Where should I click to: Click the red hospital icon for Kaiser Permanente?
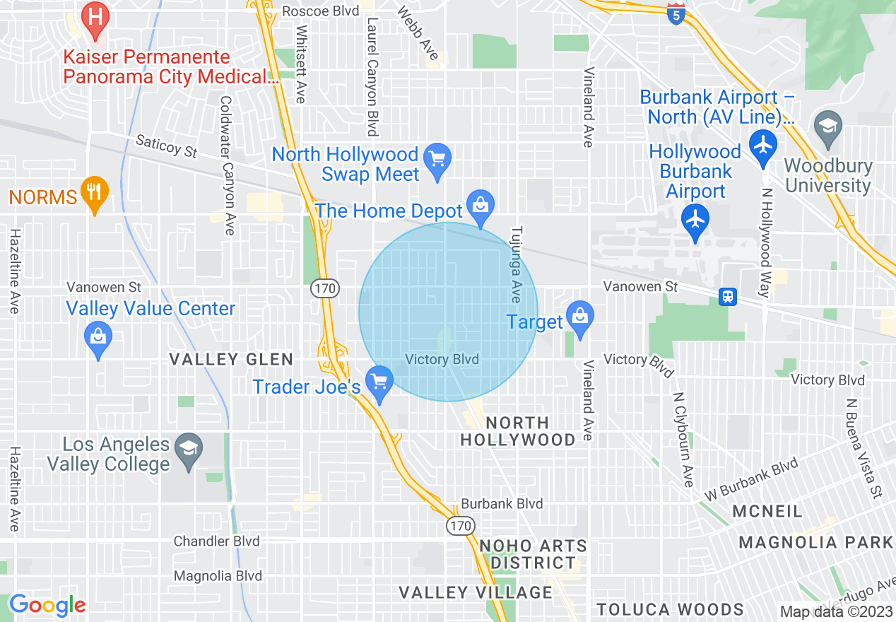95,16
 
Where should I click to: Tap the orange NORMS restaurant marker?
95,192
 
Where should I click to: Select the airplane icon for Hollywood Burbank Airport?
696,220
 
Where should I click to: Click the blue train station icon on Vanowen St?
727,297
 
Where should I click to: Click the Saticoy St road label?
166,147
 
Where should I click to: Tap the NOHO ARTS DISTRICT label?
533,554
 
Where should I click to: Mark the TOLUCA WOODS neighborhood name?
670,609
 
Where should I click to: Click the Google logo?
47,605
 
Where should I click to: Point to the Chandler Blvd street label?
217,541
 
